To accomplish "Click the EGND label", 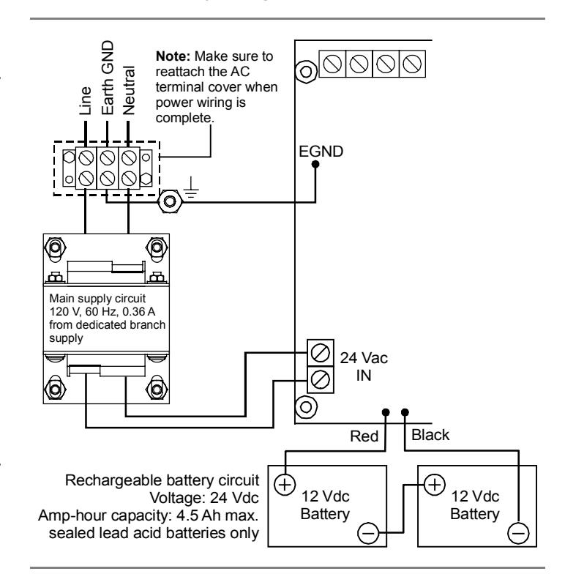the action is [321, 152].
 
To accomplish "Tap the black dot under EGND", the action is [315, 164].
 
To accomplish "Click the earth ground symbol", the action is [191, 187].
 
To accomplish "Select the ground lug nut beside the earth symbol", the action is [170, 201].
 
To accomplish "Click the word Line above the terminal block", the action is [86, 101].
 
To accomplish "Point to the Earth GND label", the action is [108, 78].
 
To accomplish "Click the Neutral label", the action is [129, 90].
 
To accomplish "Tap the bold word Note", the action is [173, 56].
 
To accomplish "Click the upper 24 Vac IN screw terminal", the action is [320, 353].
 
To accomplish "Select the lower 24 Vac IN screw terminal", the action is [320, 379].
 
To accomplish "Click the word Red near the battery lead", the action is [364, 436].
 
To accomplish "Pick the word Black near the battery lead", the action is [430, 435].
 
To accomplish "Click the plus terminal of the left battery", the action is [285, 485].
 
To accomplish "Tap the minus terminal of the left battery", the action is [368, 533].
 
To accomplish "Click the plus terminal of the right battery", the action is [435, 485].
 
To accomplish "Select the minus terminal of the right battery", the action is [518, 533].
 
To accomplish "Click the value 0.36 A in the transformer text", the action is [138, 311].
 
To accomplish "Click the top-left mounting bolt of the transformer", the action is [55, 247].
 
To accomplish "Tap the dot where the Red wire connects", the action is [386, 412].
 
